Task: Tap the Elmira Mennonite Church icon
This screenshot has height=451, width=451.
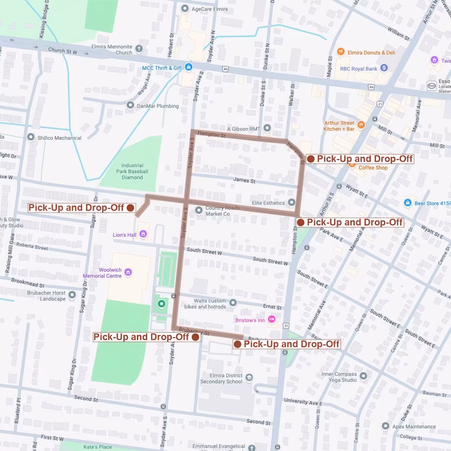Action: click(139, 50)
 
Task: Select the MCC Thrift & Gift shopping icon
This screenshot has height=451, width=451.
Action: click(189, 68)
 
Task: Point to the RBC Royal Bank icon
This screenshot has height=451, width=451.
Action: click(384, 68)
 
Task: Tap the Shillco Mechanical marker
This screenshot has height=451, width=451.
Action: click(31, 137)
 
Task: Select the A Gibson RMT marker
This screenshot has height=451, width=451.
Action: click(267, 128)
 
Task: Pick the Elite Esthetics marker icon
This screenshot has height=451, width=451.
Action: click(291, 202)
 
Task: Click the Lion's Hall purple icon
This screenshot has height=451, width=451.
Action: click(144, 234)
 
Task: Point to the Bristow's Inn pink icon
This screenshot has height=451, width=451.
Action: click(272, 320)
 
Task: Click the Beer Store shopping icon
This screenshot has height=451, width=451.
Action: click(408, 203)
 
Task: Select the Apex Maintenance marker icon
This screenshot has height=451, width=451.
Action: click(386, 426)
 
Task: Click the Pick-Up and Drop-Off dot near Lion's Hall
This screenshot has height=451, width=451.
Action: click(130, 207)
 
